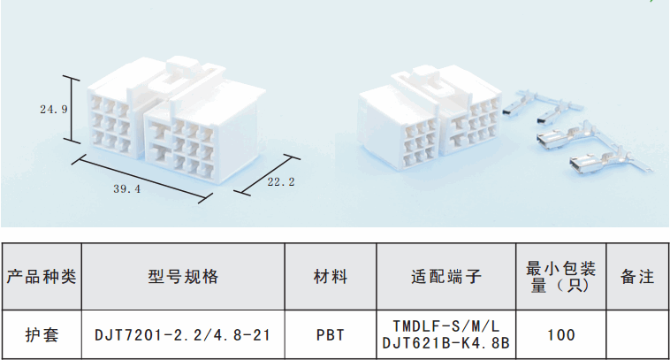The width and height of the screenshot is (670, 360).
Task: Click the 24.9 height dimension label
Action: click(53, 110)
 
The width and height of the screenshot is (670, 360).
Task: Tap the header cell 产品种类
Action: click(42, 276)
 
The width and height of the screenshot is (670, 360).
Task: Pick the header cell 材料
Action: click(331, 276)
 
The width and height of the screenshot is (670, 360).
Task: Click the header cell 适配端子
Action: click(445, 276)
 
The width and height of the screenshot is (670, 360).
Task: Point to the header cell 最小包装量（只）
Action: click(560, 276)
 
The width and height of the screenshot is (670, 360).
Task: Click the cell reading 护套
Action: click(42, 334)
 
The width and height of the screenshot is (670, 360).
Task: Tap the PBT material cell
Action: click(331, 335)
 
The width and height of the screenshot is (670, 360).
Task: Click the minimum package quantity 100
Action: click(560, 335)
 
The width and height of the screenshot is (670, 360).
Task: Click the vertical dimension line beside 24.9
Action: click(74, 110)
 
